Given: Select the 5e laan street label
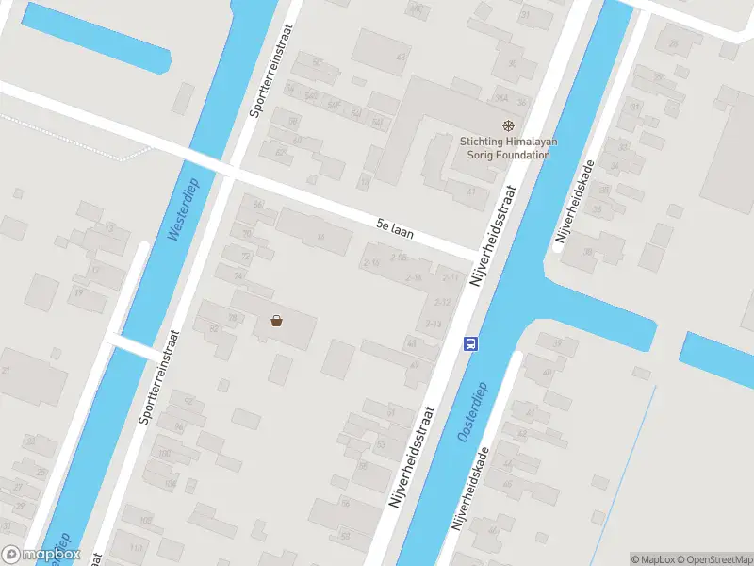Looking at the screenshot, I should point(395,225).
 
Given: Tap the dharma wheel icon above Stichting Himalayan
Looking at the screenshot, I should point(508,125).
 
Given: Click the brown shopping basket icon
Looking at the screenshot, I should point(276,321).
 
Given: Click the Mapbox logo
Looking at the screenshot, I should point(41,555).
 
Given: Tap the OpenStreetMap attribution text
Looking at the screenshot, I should point(713,559).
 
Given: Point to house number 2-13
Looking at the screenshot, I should point(434,324).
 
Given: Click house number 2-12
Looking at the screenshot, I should point(442,301).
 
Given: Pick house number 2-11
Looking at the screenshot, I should point(452,277).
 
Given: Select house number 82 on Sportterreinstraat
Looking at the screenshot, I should point(215,328).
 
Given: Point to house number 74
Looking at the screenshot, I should point(238,275).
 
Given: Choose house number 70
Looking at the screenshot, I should point(248,233).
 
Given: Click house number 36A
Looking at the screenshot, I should point(502,98).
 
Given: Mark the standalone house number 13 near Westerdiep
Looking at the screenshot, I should point(109,227).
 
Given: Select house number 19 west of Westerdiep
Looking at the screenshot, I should point(78,292).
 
